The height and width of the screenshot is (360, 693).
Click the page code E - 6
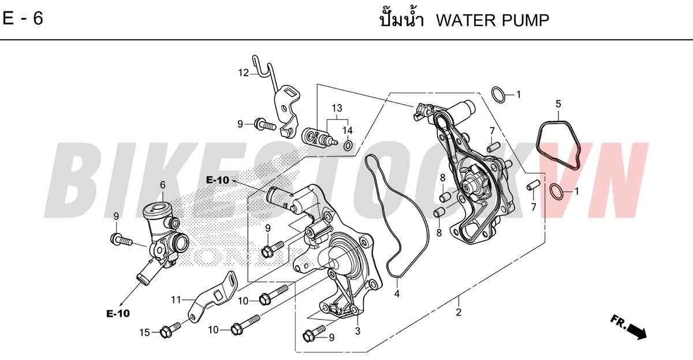(x=23, y=18)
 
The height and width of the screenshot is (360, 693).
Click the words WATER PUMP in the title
(x=493, y=20)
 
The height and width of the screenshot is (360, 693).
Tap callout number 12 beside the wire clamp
(x=244, y=73)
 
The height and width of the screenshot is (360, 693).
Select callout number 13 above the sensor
(x=337, y=108)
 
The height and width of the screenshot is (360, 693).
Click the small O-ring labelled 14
(x=348, y=145)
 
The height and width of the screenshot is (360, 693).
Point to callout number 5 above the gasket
(x=558, y=104)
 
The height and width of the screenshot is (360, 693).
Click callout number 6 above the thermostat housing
(x=163, y=185)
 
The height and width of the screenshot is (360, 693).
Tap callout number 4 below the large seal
(x=397, y=294)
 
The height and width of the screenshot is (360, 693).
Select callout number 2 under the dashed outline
(x=459, y=312)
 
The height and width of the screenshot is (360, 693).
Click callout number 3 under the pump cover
(x=357, y=331)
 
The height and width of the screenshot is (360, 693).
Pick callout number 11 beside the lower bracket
(x=176, y=300)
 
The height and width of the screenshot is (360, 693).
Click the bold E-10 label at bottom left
(x=118, y=314)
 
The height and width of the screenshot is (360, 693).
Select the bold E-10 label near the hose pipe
(x=218, y=180)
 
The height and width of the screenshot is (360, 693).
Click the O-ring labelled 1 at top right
(x=498, y=95)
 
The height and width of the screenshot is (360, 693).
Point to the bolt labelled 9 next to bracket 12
(x=265, y=125)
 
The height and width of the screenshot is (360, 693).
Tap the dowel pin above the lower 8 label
(x=439, y=212)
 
